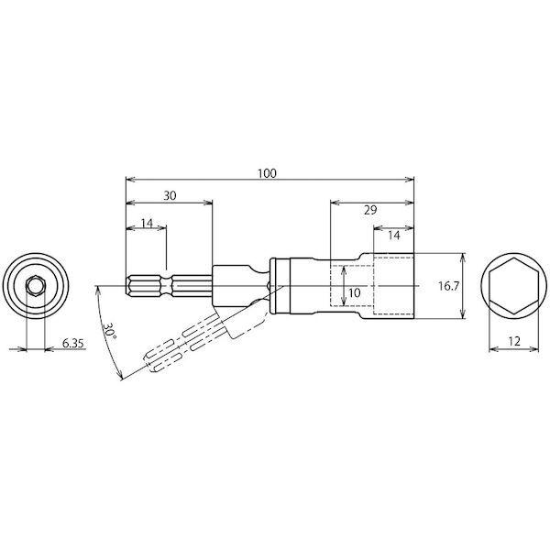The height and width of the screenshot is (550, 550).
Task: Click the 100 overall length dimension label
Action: pyautogui.click(x=268, y=173)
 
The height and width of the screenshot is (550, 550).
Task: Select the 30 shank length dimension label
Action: pyautogui.click(x=170, y=196)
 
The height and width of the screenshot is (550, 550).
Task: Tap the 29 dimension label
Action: pyautogui.click(x=370, y=210)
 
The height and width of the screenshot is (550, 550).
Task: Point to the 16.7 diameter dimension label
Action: pyautogui.click(x=448, y=286)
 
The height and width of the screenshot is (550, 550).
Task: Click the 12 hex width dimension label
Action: pyautogui.click(x=514, y=341)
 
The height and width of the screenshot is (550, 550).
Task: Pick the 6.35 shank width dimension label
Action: pyautogui.click(x=73, y=343)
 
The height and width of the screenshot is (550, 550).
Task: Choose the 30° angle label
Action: pyautogui.click(x=109, y=331)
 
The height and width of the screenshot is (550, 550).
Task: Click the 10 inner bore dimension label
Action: pyautogui.click(x=355, y=293)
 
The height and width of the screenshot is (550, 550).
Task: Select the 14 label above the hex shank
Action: pyautogui.click(x=148, y=223)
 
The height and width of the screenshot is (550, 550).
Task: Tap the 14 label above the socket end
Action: pyautogui.click(x=394, y=236)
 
